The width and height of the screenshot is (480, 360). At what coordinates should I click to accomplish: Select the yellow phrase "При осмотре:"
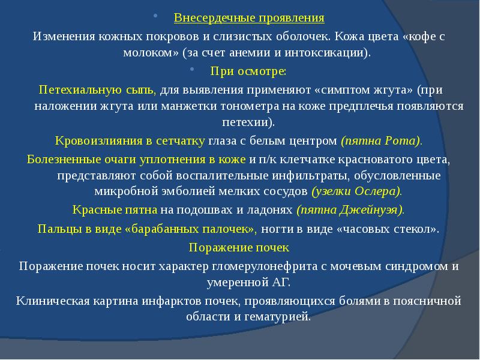(248, 71)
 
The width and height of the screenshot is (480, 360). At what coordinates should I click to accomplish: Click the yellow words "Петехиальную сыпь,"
(98, 89)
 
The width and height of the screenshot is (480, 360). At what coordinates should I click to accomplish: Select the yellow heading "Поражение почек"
(239, 247)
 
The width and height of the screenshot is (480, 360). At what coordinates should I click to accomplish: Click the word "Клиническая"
(51, 299)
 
